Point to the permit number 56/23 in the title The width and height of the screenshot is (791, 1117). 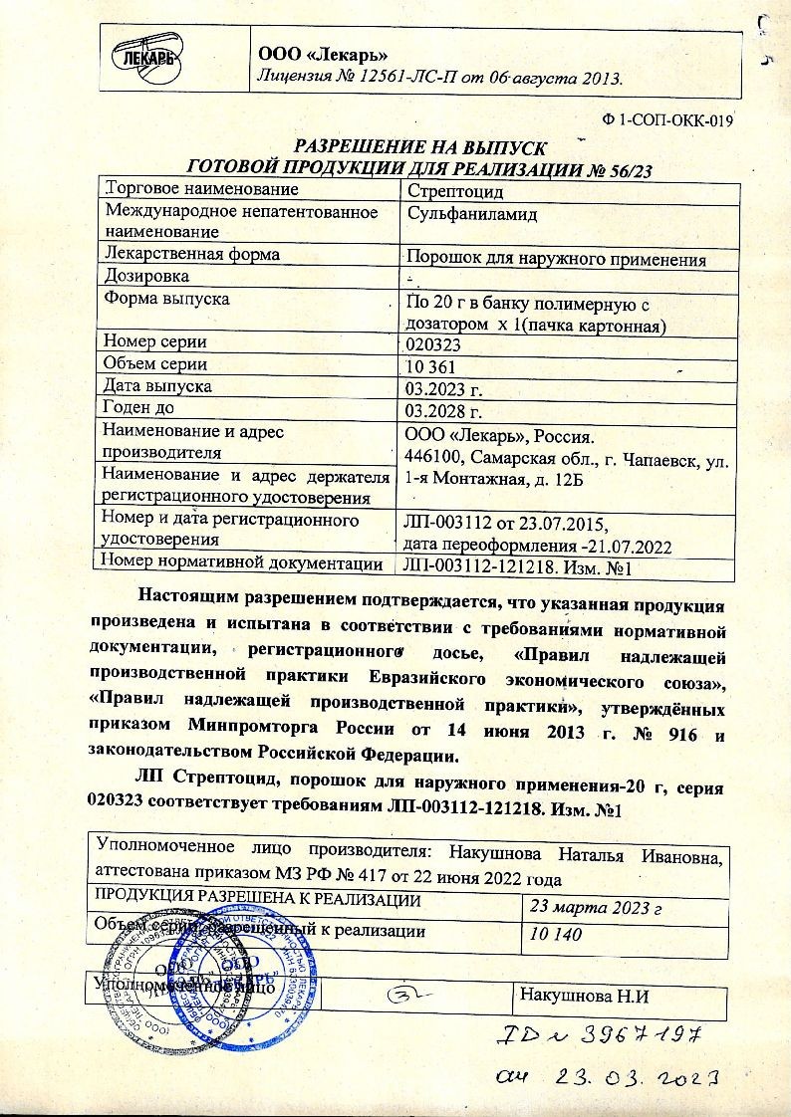(623, 169)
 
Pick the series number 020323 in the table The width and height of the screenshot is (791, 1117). (434, 344)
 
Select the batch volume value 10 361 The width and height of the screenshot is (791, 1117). (430, 366)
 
